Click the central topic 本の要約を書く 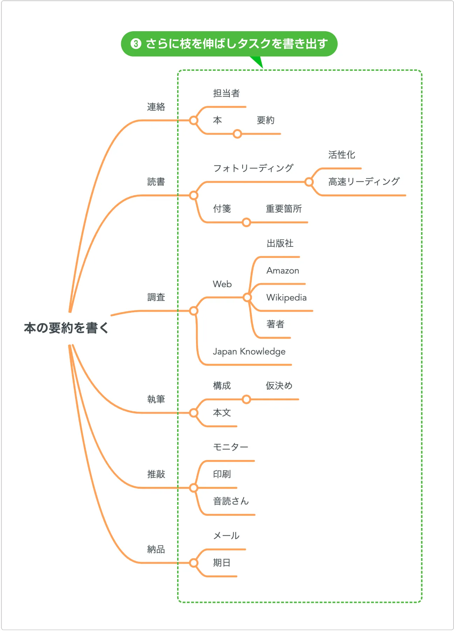(66, 328)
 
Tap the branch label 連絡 (156, 107)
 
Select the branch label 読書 (156, 182)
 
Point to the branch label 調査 (156, 297)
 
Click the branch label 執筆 (156, 399)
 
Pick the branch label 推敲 (156, 474)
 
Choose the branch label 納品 (156, 549)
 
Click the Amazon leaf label (282, 271)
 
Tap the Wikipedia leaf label (286, 298)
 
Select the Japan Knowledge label (249, 352)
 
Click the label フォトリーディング (253, 168)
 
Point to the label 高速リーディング (364, 182)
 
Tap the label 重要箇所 (284, 209)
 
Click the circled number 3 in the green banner (136, 44)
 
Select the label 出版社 (280, 243)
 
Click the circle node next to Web (247, 298)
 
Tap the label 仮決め (279, 386)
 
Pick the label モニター (230, 447)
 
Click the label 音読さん (231, 501)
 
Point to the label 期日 (222, 563)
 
